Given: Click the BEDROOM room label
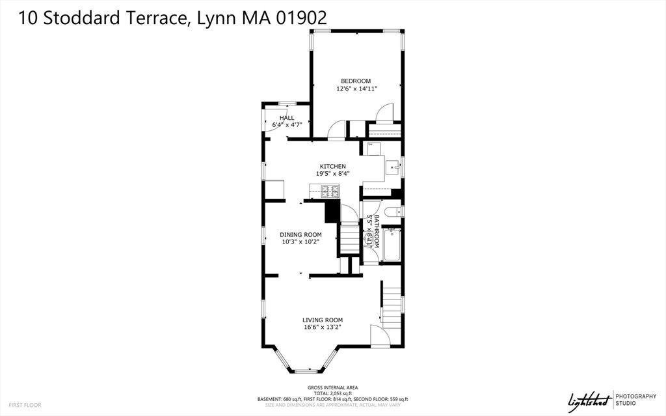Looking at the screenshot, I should (x=356, y=81).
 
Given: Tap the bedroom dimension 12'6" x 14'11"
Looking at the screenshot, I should (x=356, y=89).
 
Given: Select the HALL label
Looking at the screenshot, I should (x=287, y=118).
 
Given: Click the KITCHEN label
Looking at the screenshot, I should (x=332, y=166).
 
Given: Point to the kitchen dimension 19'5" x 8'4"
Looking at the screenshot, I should (x=332, y=174).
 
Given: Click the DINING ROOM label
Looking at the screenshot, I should (x=301, y=234).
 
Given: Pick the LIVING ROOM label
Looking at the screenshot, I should (x=322, y=320).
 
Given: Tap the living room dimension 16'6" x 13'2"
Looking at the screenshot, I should (x=322, y=327).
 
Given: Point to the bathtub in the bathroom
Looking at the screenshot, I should (x=392, y=245).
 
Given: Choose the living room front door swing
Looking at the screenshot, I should (x=379, y=336).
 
